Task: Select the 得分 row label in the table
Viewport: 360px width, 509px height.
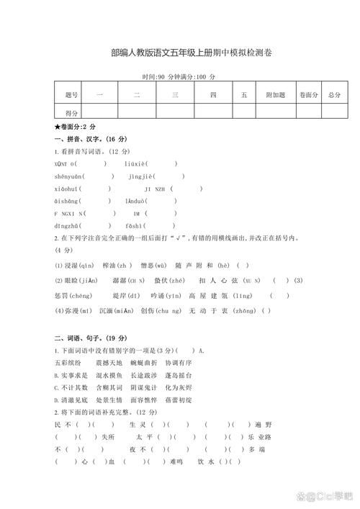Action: click(x=71, y=112)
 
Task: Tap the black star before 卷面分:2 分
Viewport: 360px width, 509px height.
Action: click(x=57, y=126)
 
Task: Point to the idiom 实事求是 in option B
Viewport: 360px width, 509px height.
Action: click(x=74, y=375)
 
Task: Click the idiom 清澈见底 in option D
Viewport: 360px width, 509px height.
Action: click(x=74, y=400)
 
